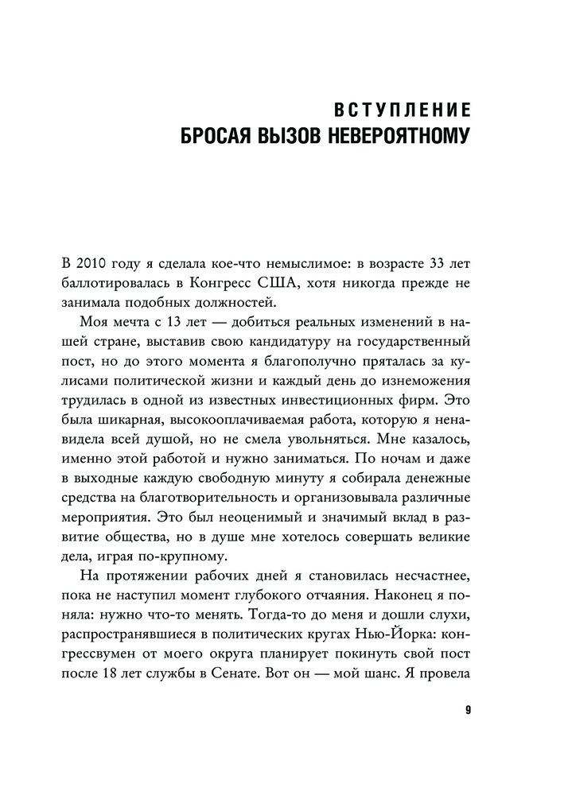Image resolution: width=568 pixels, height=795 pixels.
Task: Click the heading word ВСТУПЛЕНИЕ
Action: tap(400, 111)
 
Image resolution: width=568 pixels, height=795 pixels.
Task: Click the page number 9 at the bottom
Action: tap(469, 711)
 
